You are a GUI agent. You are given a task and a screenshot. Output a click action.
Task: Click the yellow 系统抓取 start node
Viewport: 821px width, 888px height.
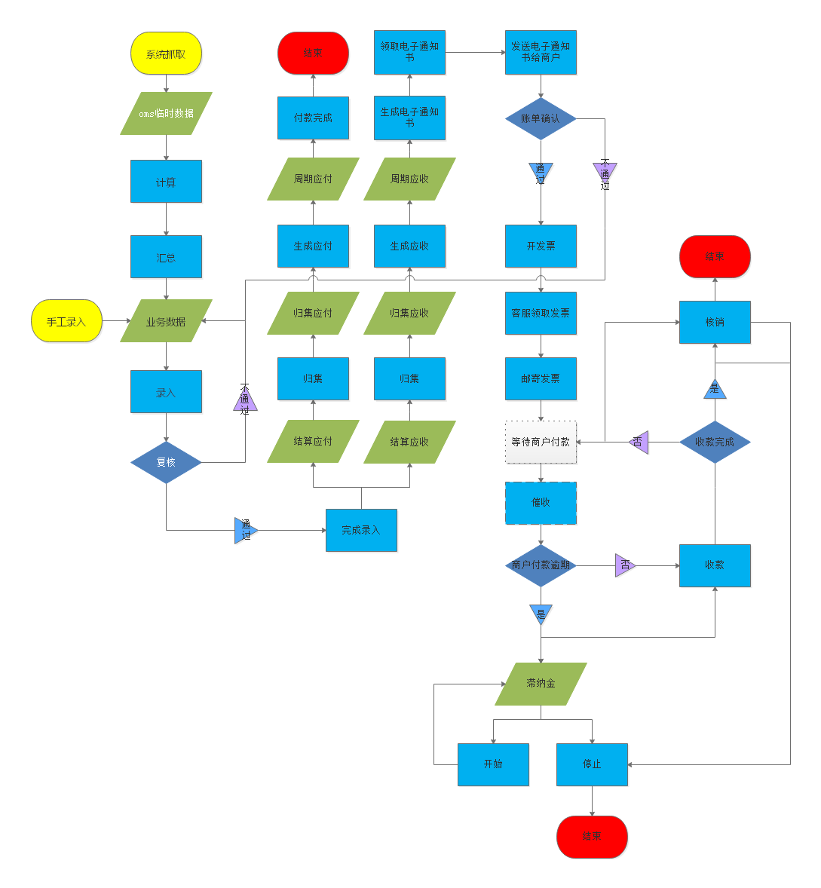click(166, 54)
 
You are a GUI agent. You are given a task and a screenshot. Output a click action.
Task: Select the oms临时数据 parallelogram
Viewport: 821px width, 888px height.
click(166, 114)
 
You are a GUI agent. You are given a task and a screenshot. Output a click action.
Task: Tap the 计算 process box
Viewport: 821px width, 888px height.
click(166, 182)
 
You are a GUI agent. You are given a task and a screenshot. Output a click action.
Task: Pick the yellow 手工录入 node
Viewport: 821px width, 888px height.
click(66, 321)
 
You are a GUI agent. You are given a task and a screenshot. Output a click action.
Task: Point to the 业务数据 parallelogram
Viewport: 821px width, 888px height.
click(166, 321)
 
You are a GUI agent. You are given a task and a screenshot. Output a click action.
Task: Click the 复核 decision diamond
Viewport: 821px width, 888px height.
click(166, 462)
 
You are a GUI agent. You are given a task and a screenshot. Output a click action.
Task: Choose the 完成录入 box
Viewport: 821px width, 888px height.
click(361, 530)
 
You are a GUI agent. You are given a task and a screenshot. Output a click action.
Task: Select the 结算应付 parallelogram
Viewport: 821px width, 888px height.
click(313, 441)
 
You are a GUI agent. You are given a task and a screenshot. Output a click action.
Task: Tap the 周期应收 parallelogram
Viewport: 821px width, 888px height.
click(409, 179)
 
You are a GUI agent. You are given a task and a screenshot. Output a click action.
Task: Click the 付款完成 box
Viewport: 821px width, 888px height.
click(313, 118)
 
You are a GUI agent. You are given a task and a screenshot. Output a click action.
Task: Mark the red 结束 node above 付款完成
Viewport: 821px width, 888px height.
click(313, 54)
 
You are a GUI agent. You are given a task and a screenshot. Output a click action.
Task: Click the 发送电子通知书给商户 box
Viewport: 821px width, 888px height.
click(541, 53)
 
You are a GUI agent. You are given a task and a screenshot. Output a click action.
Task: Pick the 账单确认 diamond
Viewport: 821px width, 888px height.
click(541, 118)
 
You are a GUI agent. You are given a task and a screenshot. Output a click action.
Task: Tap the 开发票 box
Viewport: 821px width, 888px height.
click(541, 246)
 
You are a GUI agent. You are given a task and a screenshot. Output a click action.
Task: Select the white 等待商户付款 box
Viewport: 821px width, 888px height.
click(541, 442)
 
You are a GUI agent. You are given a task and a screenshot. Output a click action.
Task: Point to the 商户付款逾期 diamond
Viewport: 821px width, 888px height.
click(541, 565)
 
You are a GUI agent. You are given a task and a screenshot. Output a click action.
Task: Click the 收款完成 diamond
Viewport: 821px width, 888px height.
click(715, 442)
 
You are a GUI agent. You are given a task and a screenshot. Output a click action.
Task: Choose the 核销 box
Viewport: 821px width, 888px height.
click(715, 322)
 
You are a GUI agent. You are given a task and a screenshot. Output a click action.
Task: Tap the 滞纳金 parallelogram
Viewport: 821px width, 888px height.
click(541, 684)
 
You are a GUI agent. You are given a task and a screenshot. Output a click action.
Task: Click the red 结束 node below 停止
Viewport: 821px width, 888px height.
click(592, 837)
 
